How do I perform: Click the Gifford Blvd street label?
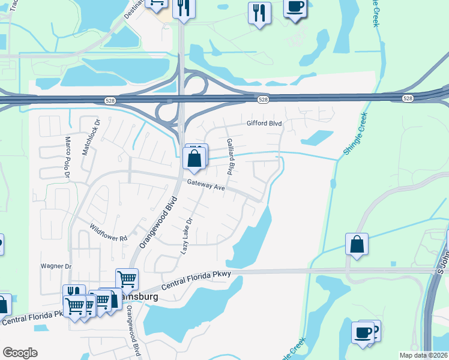pyautogui.click(x=264, y=124)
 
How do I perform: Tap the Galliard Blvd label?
pyautogui.click(x=229, y=156)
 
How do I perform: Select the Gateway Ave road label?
pyautogui.click(x=205, y=186)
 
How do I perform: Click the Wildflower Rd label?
pyautogui.click(x=109, y=233)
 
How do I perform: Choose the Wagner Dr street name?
pyautogui.click(x=56, y=266)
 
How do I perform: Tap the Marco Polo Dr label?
pyautogui.click(x=68, y=158)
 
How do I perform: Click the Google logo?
pyautogui.click(x=20, y=352)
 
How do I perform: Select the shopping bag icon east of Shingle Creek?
pyautogui.click(x=357, y=244)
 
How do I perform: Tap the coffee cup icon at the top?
pyautogui.click(x=295, y=7)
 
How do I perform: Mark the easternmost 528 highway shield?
pyautogui.click(x=408, y=98)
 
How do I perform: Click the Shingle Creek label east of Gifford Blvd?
pyautogui.click(x=354, y=136)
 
